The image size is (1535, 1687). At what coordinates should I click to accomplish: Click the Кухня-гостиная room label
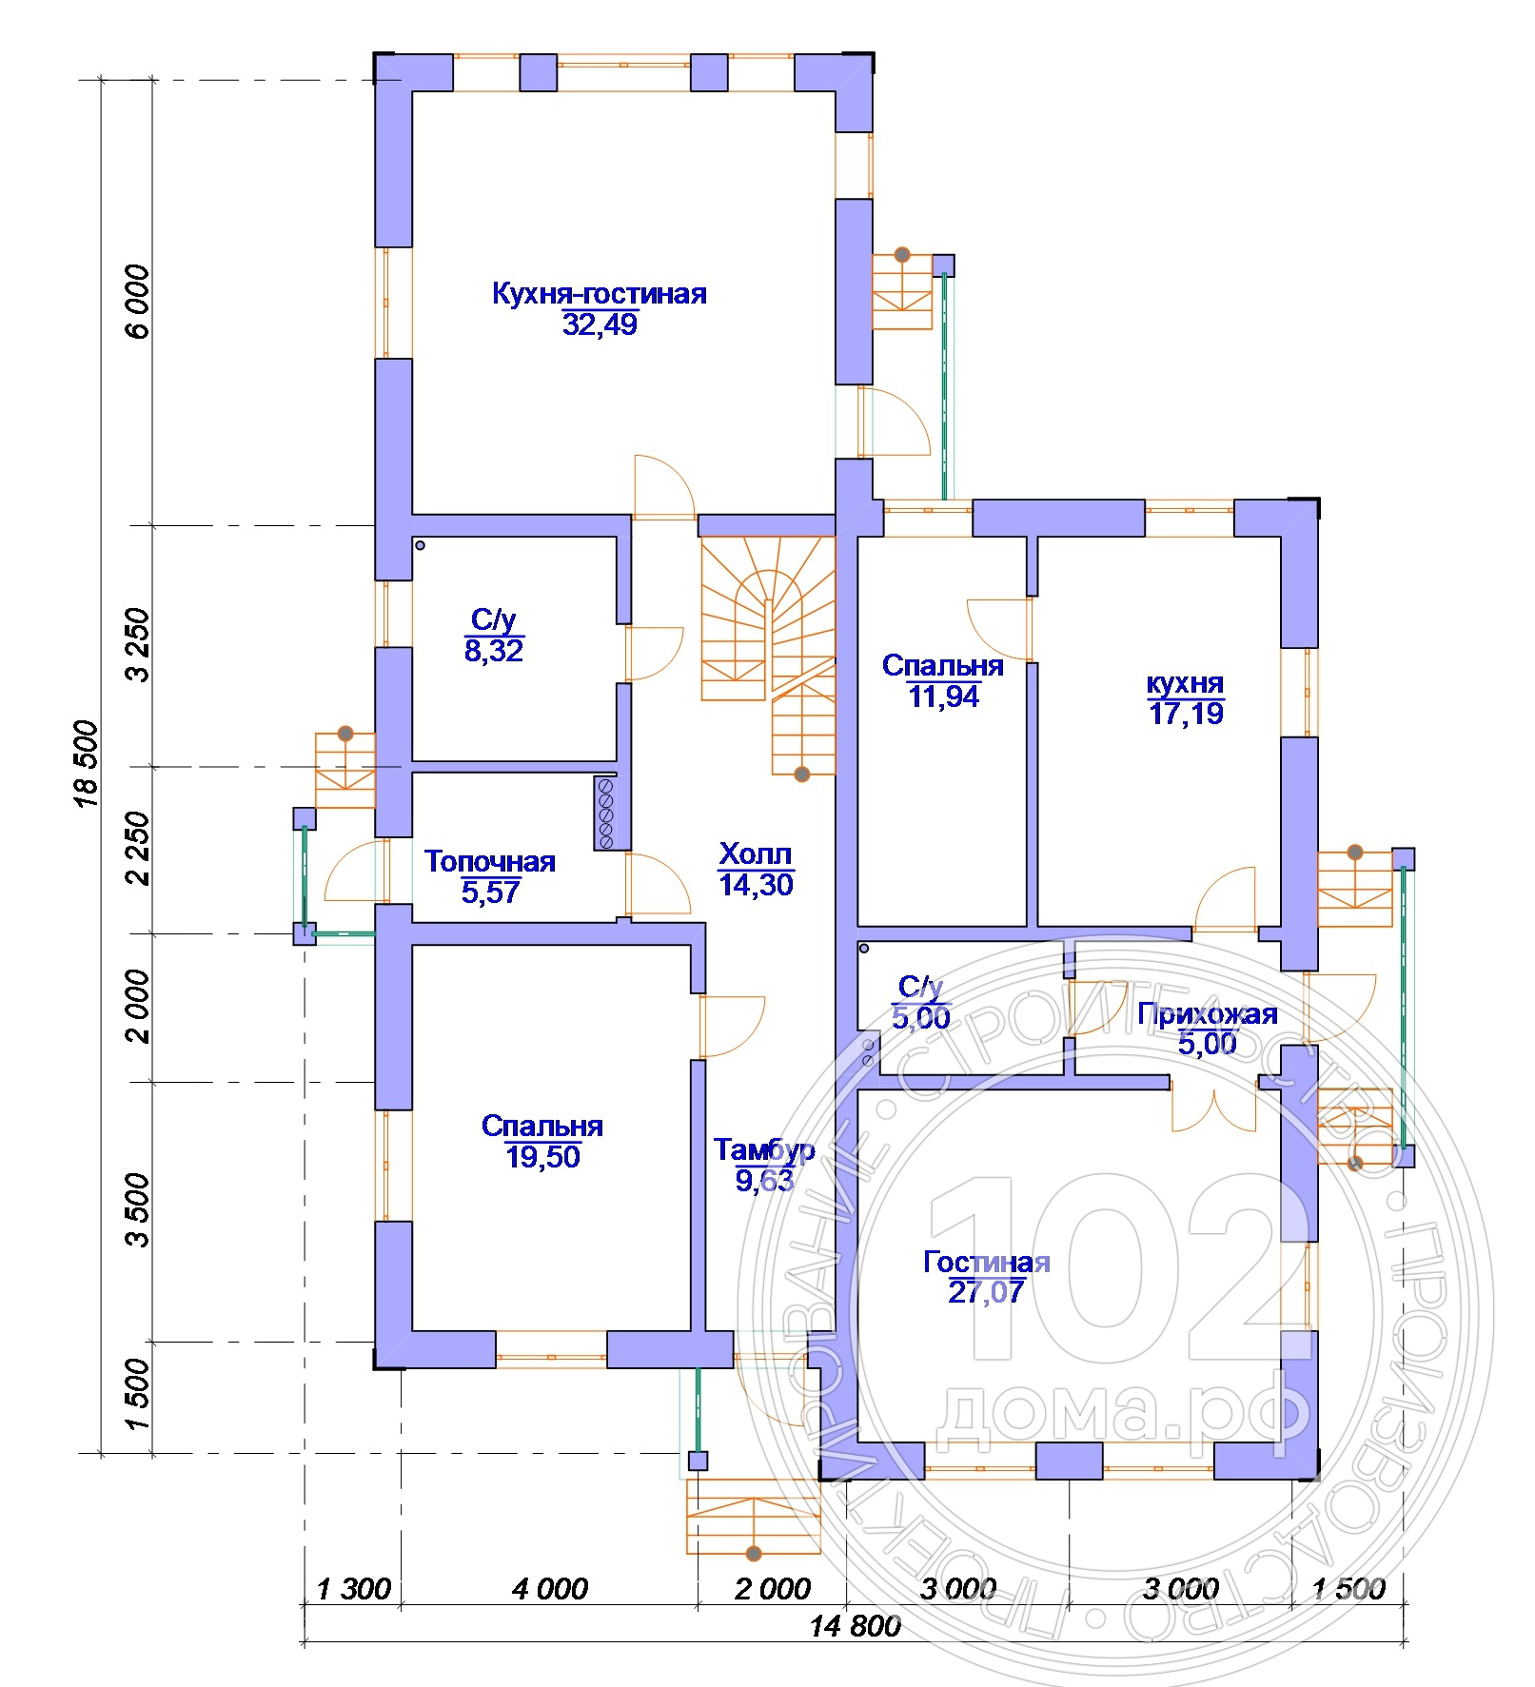point(599,293)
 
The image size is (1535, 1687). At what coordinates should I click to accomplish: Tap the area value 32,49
point(600,324)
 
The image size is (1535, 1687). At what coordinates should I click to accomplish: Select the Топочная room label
point(489,862)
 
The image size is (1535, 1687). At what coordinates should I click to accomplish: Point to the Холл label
point(756,853)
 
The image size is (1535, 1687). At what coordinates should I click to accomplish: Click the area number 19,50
point(542,1157)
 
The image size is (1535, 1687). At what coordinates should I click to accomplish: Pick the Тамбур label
point(764,1150)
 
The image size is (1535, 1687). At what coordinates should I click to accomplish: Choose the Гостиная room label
point(987,1262)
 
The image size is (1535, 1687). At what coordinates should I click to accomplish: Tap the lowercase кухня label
point(1185,683)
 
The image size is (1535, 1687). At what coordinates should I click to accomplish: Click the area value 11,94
point(943,696)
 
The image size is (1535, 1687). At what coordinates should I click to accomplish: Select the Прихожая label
point(1208,1013)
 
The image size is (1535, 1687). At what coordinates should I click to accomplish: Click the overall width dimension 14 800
point(856,1625)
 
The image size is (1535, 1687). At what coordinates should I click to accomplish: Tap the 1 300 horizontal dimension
point(352,1589)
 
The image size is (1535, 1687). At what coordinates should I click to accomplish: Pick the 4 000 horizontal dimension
point(550,1589)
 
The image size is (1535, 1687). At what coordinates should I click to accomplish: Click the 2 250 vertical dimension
point(138,848)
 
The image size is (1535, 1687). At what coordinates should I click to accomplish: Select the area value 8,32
point(494,651)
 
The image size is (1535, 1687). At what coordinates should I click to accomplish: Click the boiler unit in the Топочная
point(604,813)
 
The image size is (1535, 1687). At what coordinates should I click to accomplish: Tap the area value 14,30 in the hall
point(756,885)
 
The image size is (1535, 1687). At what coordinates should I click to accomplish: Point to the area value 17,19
point(1186,714)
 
